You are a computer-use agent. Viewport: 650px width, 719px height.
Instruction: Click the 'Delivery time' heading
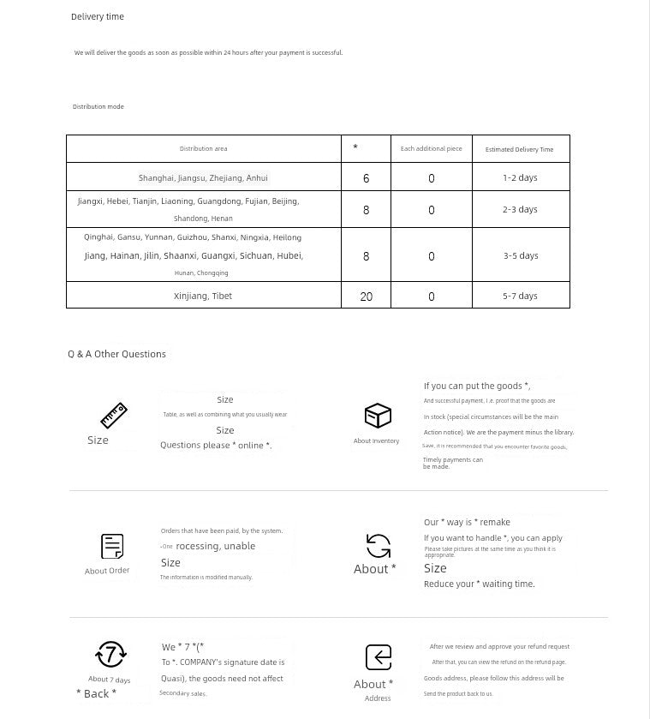pyautogui.click(x=98, y=17)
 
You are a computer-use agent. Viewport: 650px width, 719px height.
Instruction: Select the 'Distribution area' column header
pyautogui.click(x=203, y=149)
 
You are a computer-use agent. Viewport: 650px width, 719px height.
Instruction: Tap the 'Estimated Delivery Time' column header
pyautogui.click(x=519, y=150)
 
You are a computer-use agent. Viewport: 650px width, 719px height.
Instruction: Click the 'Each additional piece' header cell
pyautogui.click(x=431, y=149)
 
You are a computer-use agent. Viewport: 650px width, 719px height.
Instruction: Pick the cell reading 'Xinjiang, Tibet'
pyautogui.click(x=203, y=296)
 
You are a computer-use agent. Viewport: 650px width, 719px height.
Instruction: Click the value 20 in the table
pyautogui.click(x=367, y=297)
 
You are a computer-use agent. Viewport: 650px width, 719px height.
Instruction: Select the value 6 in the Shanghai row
pyautogui.click(x=367, y=178)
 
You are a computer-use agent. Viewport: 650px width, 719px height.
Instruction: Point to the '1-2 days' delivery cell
pyautogui.click(x=520, y=178)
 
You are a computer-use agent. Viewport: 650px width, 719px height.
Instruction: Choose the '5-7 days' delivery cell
pyautogui.click(x=520, y=296)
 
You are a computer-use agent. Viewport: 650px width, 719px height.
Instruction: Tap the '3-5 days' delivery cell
pyautogui.click(x=520, y=255)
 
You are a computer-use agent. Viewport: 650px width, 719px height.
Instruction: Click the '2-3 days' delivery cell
pyautogui.click(x=520, y=209)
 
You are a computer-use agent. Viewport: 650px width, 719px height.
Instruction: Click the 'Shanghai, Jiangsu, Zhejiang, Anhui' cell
pyautogui.click(x=203, y=178)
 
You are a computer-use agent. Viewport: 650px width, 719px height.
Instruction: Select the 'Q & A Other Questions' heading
pyautogui.click(x=117, y=354)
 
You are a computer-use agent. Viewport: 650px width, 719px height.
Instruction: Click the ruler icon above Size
pyautogui.click(x=113, y=416)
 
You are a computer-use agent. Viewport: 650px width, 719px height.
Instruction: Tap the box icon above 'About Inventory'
pyautogui.click(x=378, y=416)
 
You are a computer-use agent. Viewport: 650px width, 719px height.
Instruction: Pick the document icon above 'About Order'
pyautogui.click(x=112, y=546)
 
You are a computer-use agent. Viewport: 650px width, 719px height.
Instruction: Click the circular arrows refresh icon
pyautogui.click(x=378, y=546)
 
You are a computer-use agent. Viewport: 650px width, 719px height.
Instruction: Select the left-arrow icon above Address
pyautogui.click(x=378, y=657)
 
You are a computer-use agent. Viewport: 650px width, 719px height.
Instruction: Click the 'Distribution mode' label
pyautogui.click(x=98, y=107)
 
